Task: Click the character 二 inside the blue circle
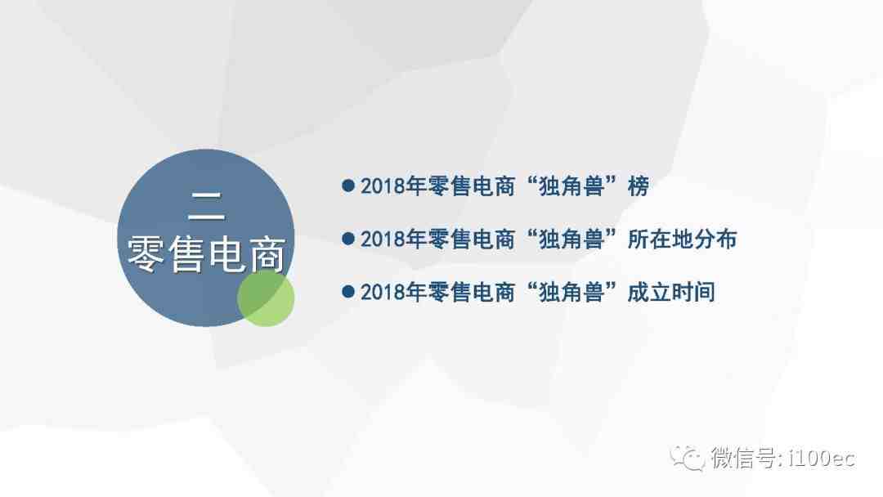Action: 206,206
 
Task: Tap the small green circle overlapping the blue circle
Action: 266,298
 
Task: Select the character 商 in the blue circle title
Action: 268,254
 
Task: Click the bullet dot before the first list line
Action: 348,186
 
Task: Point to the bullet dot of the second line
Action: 348,239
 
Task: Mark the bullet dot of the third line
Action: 348,292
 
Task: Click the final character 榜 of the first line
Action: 638,186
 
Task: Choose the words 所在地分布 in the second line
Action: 682,240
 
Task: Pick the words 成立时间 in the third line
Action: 671,292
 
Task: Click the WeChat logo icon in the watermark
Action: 687,458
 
